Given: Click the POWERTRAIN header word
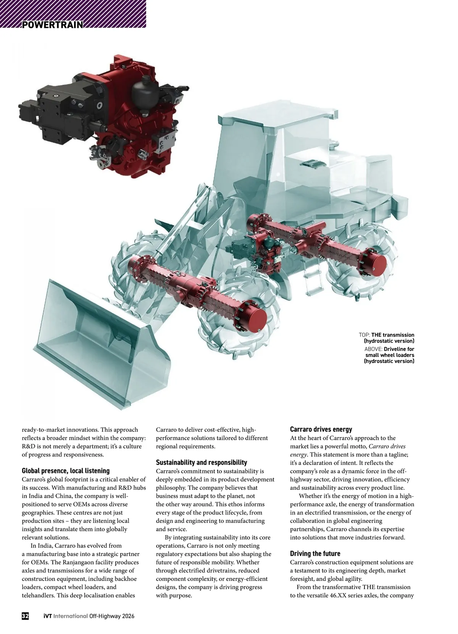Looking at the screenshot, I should [53, 25].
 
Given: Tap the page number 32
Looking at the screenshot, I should [25, 616].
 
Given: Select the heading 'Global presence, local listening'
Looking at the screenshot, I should [66, 471].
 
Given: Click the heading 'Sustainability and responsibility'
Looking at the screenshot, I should [202, 462].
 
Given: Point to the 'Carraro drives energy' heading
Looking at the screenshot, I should [321, 429].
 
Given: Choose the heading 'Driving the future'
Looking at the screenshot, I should [315, 553].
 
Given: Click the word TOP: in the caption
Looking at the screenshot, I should [364, 335].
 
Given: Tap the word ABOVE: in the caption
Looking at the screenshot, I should [373, 349].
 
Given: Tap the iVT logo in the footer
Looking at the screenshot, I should [47, 616].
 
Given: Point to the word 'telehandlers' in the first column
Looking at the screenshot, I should [38, 595].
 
